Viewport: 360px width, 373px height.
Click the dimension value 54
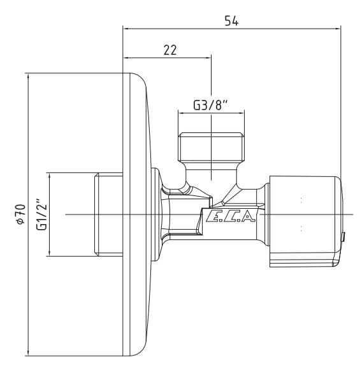click(231, 21)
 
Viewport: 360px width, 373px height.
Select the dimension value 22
click(170, 50)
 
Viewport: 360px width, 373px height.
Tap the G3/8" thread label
click(210, 106)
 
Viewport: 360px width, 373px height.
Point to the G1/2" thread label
click(41, 214)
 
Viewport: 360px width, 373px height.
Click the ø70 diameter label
click(21, 214)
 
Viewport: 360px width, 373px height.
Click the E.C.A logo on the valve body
click(230, 216)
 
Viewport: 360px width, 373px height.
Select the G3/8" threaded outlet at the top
click(212, 146)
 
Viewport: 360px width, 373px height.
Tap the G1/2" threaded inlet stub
click(108, 215)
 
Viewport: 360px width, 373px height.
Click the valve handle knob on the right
click(305, 222)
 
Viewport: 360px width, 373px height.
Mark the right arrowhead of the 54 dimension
click(338, 29)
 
